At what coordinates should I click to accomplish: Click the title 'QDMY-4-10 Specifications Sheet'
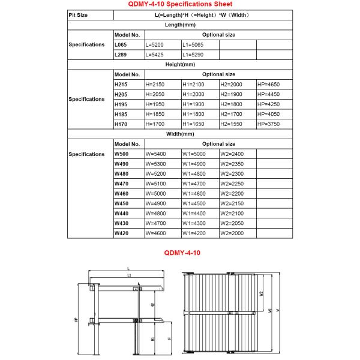[x=180, y=4]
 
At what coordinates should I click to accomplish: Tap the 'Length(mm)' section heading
[x=180, y=25]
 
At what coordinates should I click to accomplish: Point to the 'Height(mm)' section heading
[x=180, y=64]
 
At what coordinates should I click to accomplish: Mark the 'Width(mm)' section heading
[x=180, y=134]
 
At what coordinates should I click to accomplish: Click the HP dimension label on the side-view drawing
[x=76, y=320]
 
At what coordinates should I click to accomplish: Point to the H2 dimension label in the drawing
[x=153, y=305]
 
